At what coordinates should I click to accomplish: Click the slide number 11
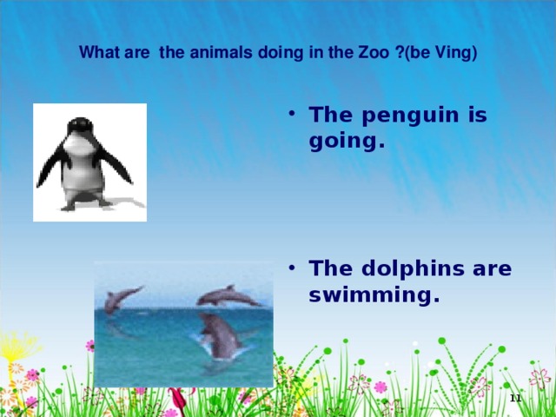[x=514, y=397]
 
